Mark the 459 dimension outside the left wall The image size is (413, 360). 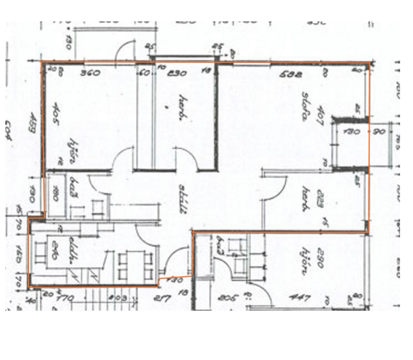coord(33,128)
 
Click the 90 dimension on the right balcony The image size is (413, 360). coord(379,132)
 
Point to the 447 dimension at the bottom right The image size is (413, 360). coord(300,298)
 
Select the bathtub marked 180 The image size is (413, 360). coord(57,194)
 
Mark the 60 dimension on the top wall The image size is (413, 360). coord(143,73)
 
